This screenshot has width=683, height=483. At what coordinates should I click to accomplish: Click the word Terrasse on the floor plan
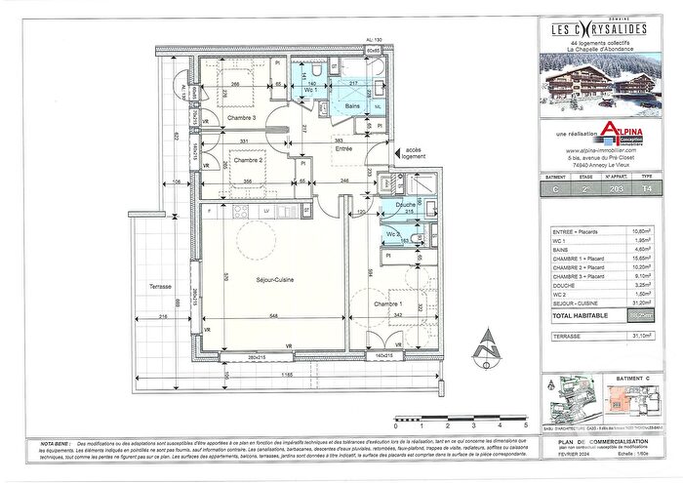[x=160, y=287]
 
